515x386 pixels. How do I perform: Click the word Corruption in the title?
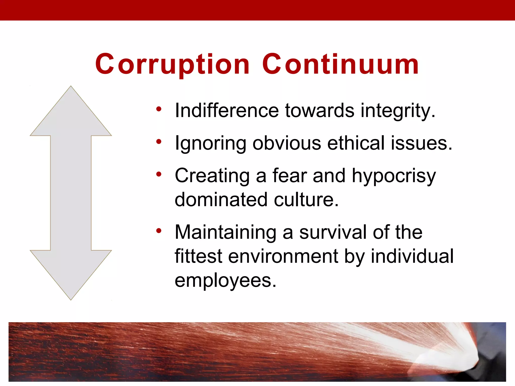(173, 64)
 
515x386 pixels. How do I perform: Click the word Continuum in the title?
(340, 64)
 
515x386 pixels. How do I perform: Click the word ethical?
(356, 143)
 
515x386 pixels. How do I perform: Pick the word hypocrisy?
(394, 176)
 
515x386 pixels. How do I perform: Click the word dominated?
(221, 200)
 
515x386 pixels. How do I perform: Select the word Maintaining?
(226, 232)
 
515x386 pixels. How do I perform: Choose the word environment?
(283, 256)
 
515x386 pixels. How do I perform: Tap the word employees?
(225, 281)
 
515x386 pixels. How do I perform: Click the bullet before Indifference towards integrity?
(159, 109)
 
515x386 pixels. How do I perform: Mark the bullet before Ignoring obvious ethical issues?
(159, 142)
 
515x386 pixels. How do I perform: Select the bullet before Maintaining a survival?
(159, 230)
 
